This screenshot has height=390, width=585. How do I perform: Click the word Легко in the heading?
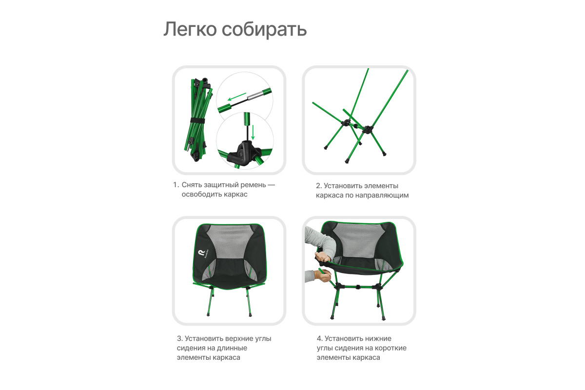pyautogui.click(x=190, y=29)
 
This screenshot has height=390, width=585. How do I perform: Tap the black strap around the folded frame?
pyautogui.click(x=197, y=120)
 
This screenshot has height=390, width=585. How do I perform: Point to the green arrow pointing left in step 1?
pyautogui.click(x=237, y=97)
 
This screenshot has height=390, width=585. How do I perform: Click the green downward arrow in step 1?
pyautogui.click(x=253, y=133)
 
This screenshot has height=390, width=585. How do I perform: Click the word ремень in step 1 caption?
pyautogui.click(x=253, y=185)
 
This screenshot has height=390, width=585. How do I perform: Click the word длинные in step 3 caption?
pyautogui.click(x=232, y=348)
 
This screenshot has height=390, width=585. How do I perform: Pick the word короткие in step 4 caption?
pyautogui.click(x=390, y=348)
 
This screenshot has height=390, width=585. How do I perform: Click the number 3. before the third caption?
pyautogui.click(x=180, y=338)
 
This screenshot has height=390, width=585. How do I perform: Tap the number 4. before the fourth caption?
pyautogui.click(x=320, y=338)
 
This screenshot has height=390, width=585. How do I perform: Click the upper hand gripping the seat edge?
pyautogui.click(x=323, y=256)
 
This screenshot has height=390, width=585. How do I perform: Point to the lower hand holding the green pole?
pyautogui.click(x=323, y=275)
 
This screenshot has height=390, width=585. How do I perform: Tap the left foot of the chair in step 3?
pyautogui.click(x=208, y=314)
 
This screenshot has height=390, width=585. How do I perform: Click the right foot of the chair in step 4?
pyautogui.click(x=383, y=318)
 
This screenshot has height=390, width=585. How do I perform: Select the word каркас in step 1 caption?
pyautogui.click(x=236, y=195)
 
